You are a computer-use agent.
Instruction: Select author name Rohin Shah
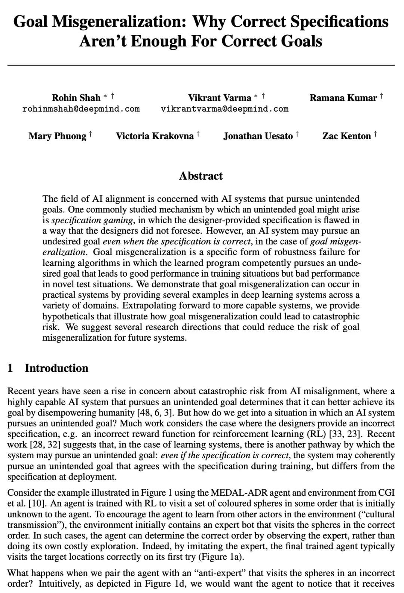pos(76,98)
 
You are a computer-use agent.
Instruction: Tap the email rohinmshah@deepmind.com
pos(81,109)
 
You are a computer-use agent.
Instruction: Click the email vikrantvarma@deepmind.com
pos(224,109)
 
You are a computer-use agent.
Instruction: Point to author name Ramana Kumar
pos(343,98)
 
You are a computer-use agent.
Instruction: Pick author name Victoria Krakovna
pos(154,136)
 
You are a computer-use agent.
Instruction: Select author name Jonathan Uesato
pos(258,136)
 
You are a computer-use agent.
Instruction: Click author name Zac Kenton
pos(346,136)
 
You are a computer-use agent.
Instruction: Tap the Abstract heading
pos(201,176)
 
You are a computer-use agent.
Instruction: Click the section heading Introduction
pos(56,368)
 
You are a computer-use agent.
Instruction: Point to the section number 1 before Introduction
pos(10,368)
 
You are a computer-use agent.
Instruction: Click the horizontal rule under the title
pos(201,65)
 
